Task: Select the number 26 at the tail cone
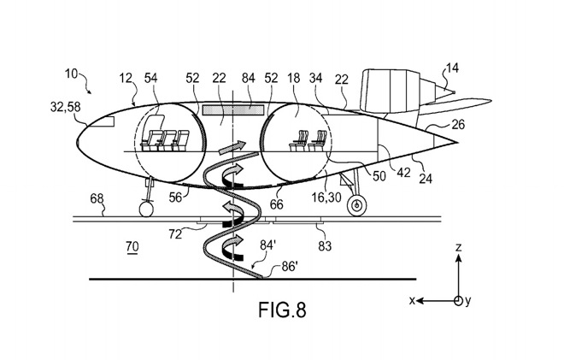point(458,125)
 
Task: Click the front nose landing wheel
point(145,209)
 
